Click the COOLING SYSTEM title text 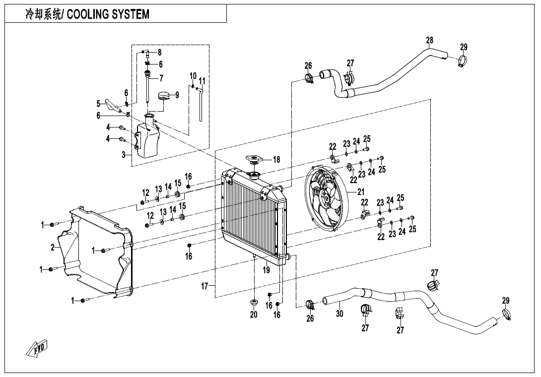(87, 14)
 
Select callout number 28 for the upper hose (430, 40)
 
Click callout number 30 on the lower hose (339, 313)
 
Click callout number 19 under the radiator (267, 270)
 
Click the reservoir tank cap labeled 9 (163, 96)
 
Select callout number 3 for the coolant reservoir (123, 155)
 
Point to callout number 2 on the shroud (53, 248)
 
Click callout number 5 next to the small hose (98, 104)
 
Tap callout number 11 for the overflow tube (202, 81)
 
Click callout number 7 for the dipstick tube (161, 78)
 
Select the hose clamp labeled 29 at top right (462, 63)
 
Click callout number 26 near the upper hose (308, 65)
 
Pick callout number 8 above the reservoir (159, 52)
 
